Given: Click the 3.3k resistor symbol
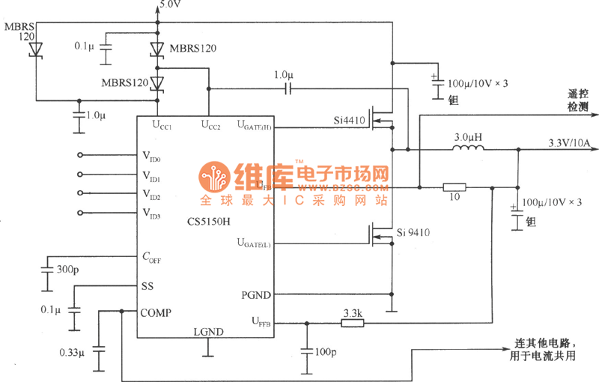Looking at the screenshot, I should point(352,323).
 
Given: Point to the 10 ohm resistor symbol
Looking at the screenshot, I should point(454,187).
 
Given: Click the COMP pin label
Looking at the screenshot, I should point(156,312).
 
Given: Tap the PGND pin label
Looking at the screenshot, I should point(257,294).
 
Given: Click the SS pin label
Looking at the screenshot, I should point(148,286).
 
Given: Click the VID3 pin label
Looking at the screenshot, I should point(151,213).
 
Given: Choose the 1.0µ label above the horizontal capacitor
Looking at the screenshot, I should point(285,76).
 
